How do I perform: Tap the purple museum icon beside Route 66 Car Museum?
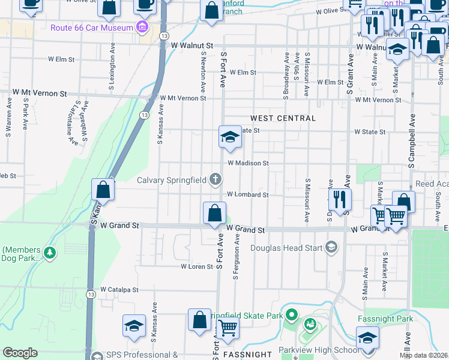[142, 28]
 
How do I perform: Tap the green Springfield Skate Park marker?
[292, 314]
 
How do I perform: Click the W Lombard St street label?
[247, 195]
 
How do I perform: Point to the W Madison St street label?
[247, 163]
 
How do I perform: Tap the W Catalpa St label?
[119, 289]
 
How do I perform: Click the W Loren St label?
[197, 266]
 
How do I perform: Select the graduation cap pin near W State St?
[229, 137]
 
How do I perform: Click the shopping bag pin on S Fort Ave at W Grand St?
[214, 212]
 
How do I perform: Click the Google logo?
[20, 353]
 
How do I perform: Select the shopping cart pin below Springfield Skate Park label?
[228, 328]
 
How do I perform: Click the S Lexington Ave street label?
[112, 59]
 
